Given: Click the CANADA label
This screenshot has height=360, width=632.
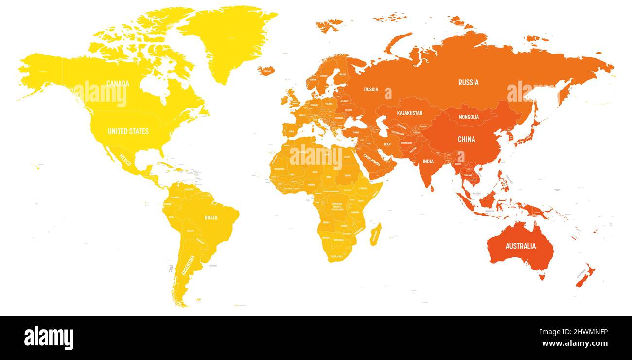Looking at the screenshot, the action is point(118,84).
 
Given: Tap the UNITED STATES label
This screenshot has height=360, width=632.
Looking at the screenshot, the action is point(128,131).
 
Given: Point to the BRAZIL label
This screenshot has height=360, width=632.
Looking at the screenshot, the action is point(211,217).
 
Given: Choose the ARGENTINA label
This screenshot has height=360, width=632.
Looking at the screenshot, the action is point(188,266).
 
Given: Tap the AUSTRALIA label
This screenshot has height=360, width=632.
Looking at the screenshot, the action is point(520,246).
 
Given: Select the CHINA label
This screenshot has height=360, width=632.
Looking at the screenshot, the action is point(466,139).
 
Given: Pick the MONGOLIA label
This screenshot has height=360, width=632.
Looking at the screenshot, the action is point(469,117).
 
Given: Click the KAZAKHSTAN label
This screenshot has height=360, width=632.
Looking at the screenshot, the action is point(409,113).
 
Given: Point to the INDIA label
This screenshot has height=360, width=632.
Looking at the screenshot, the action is point(428,162).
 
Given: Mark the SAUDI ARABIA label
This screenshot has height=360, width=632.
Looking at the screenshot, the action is point(372,161).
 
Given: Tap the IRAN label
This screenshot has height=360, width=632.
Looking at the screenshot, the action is point(387,144).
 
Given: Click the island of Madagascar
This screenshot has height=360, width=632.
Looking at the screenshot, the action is point(375,234).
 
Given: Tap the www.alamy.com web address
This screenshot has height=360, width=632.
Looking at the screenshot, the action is point(575,343).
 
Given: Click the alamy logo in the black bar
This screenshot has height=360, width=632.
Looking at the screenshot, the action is point(49,338).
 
